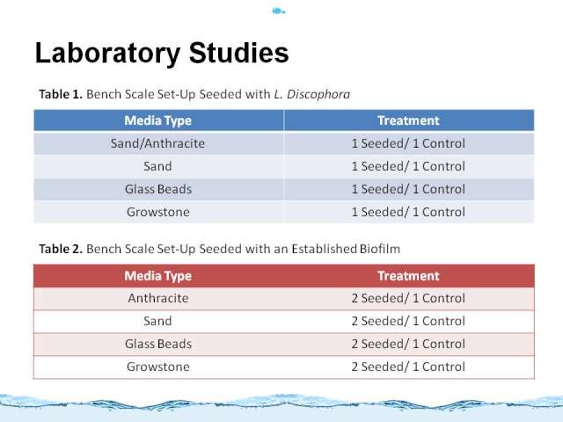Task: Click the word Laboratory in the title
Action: (107, 54)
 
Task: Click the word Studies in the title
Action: (238, 53)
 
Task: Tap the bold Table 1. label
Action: (61, 94)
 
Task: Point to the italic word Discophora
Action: (318, 94)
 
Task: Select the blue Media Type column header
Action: (158, 120)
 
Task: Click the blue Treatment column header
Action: (408, 120)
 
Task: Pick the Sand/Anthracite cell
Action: (157, 143)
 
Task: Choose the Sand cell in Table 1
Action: (157, 166)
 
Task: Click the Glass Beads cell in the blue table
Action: (158, 189)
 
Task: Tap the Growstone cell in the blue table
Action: (158, 212)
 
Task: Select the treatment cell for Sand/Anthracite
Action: (408, 143)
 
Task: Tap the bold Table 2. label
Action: (61, 249)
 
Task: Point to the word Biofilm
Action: (380, 249)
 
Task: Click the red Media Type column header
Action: (158, 276)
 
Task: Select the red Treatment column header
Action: (408, 275)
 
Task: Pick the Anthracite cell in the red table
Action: (158, 298)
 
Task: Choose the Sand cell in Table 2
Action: (157, 321)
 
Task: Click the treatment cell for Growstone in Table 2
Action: (408, 367)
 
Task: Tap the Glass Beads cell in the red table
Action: (158, 344)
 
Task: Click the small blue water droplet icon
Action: (279, 11)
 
